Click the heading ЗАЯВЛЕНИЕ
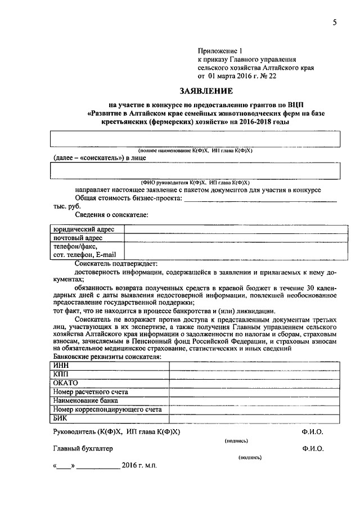tap(205, 91)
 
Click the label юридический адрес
tap(84, 229)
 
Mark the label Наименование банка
tap(85, 400)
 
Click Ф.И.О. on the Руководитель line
tap(312, 431)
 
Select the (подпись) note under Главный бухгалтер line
tap(250, 458)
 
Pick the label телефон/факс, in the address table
tap(75, 246)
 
